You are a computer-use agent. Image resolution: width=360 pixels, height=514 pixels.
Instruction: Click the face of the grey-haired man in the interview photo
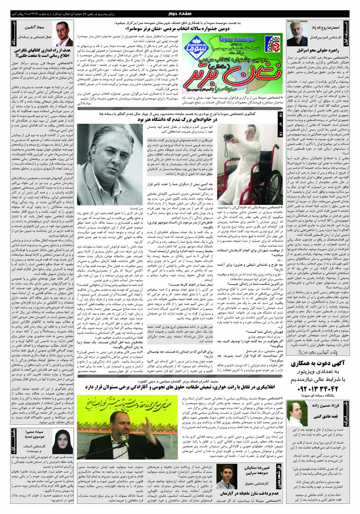[107, 161]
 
